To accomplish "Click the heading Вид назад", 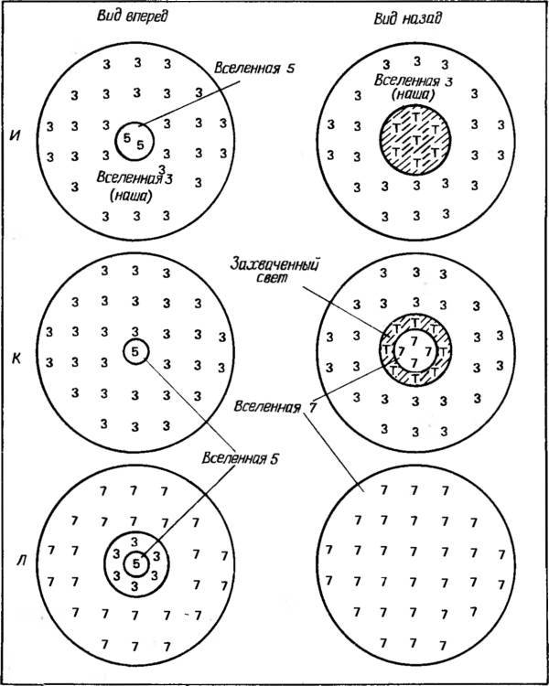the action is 407,18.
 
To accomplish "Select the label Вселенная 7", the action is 274,407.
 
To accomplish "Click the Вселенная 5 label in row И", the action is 246,69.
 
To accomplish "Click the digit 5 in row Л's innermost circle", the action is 135,564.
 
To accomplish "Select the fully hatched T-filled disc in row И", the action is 415,140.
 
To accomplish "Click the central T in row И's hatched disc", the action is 416,140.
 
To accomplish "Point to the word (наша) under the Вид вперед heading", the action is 130,197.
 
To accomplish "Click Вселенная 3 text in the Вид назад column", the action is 407,81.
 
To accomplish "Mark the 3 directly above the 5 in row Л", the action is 135,541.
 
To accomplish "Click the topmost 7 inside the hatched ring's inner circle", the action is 414,340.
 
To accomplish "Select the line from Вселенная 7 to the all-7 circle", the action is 335,453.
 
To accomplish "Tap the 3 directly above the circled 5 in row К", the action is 135,332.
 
